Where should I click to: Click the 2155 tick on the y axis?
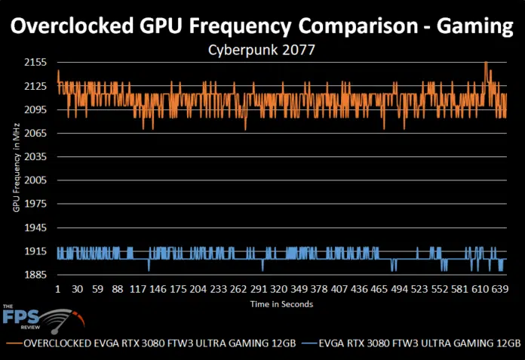coord(36,62)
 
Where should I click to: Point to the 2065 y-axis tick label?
coord(36,133)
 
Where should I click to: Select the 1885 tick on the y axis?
coord(36,275)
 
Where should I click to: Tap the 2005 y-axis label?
coord(36,180)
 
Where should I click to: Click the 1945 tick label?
coord(36,227)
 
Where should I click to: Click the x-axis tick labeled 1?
coord(57,289)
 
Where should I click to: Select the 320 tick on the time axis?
coord(278,289)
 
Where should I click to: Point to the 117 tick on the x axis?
coord(137,289)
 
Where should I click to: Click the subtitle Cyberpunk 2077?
coord(262,50)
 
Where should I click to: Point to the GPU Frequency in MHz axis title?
coord(16,168)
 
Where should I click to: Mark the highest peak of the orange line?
coord(486,63)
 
